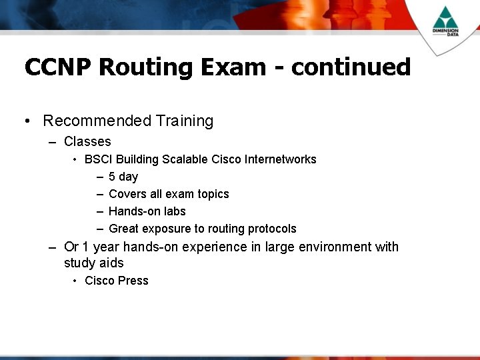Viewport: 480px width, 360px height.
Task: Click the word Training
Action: [x=185, y=121]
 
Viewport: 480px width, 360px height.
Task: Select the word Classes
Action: [x=87, y=141]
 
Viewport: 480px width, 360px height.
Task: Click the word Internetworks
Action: [x=280, y=159]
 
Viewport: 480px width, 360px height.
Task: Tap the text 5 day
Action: [x=123, y=177]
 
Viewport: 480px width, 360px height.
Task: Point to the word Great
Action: [x=123, y=229]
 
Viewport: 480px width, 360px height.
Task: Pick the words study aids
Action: [x=94, y=263]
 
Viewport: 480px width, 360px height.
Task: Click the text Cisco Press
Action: [x=117, y=281]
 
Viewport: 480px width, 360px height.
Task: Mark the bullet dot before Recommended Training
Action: [x=25, y=121]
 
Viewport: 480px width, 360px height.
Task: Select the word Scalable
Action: [x=185, y=159]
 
